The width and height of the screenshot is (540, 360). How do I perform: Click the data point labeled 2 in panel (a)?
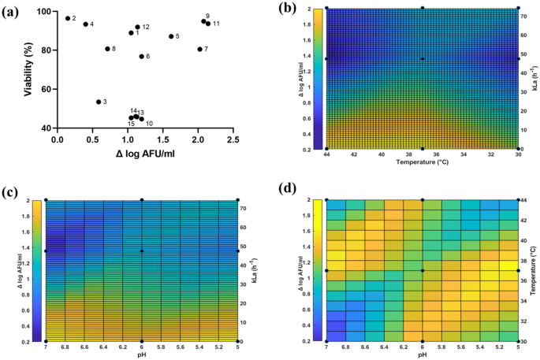pyautogui.click(x=68, y=18)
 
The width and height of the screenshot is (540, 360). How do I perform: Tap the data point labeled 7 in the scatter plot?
pyautogui.click(x=199, y=49)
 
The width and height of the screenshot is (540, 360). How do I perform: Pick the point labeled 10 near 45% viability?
pyautogui.click(x=142, y=119)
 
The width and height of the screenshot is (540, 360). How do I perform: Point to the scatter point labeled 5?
pyautogui.click(x=171, y=36)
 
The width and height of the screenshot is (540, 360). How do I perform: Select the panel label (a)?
pyautogui.click(x=13, y=9)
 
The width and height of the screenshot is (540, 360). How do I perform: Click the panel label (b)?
pyautogui.click(x=286, y=9)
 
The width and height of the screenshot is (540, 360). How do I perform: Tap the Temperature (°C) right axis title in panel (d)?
pyautogui.click(x=535, y=270)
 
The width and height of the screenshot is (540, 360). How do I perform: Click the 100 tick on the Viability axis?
pyautogui.click(x=45, y=12)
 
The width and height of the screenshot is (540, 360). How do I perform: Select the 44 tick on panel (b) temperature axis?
pyautogui.click(x=326, y=156)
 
